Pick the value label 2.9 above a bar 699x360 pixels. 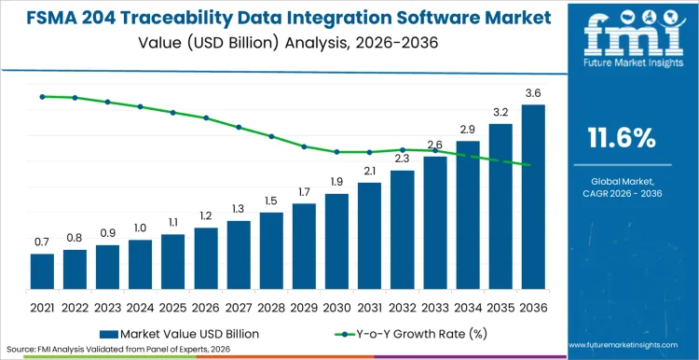[468, 129]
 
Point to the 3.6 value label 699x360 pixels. [533, 92]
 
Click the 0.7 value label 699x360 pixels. [42, 242]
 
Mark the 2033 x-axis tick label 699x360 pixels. [434, 306]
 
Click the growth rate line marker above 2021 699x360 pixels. [42, 96]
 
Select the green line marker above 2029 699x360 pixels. [304, 146]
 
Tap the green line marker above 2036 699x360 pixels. [529, 166]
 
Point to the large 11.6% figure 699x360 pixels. [621, 139]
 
